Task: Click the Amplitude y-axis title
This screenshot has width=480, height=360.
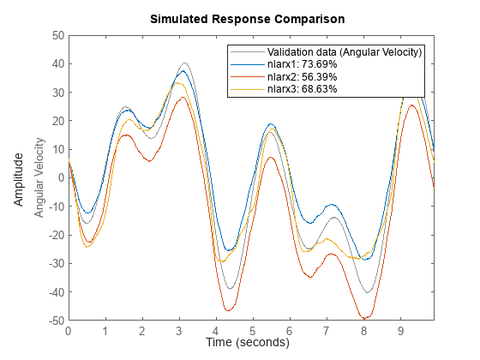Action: click(18, 178)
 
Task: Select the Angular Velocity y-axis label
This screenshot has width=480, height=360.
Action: click(39, 178)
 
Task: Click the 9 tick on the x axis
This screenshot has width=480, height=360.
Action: click(399, 330)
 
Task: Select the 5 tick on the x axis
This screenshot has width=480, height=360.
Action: click(252, 330)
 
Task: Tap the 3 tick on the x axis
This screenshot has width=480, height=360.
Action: click(178, 330)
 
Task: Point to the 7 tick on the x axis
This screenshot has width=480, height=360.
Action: click(326, 330)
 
